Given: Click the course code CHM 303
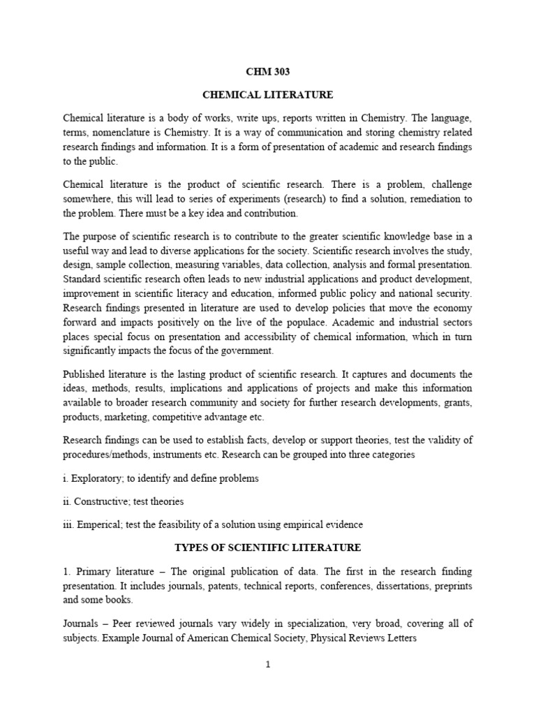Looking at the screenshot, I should [267, 71].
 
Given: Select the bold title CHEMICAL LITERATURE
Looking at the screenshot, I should [267, 94].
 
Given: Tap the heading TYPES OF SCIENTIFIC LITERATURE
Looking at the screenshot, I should [267, 547].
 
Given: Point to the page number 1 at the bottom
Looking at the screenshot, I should [267, 665].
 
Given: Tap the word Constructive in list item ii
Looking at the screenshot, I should [100, 501].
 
